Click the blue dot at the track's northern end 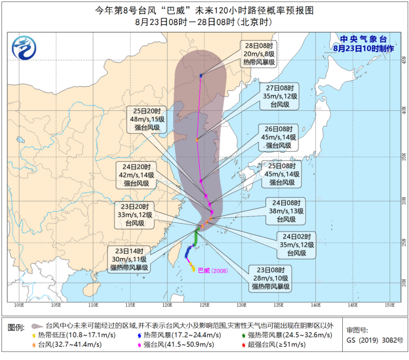[201, 76]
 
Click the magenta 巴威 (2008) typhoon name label [212, 270]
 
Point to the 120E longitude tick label [166, 305]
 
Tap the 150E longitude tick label [389, 305]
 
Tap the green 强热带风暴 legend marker [243, 335]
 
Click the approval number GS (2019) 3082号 [375, 340]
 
